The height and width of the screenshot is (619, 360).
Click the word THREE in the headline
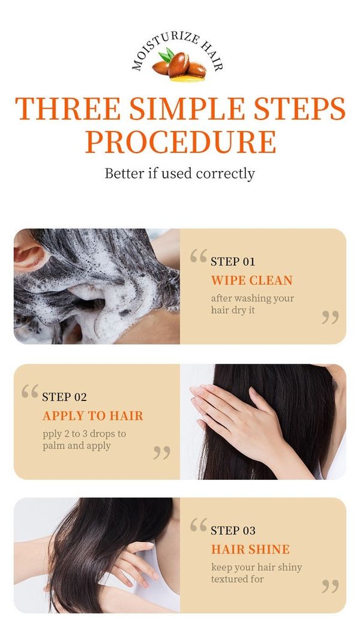tap(68, 108)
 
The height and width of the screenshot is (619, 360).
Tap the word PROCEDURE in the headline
tap(181, 142)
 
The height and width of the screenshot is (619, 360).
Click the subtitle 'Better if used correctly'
tap(180, 174)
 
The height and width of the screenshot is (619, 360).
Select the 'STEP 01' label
tap(233, 261)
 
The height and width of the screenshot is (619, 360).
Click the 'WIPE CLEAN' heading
tap(251, 280)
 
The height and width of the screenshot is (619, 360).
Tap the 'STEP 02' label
tap(64, 397)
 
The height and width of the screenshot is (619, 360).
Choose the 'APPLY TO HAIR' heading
tap(92, 415)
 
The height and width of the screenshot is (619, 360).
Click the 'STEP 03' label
tap(233, 530)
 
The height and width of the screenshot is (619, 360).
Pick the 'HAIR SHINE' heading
tap(250, 549)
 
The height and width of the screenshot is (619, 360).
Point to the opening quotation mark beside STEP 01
tap(199, 256)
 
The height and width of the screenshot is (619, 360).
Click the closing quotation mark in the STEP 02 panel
tap(161, 453)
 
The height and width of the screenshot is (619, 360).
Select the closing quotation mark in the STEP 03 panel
tap(330, 586)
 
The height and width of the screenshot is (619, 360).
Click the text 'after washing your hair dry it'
tap(253, 304)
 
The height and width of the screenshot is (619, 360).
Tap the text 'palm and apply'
tap(76, 445)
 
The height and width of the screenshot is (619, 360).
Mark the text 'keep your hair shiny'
tap(256, 567)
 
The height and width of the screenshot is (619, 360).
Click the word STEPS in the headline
tap(299, 108)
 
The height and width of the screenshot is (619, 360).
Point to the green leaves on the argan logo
tap(167, 55)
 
